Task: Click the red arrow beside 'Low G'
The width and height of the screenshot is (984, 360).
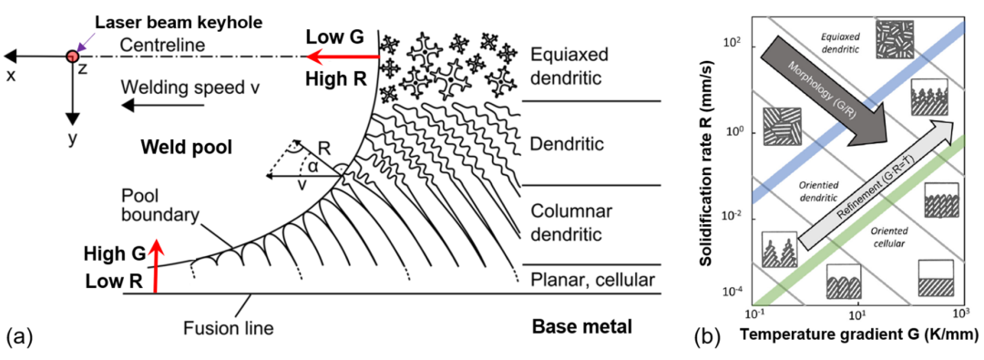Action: coord(343,57)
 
